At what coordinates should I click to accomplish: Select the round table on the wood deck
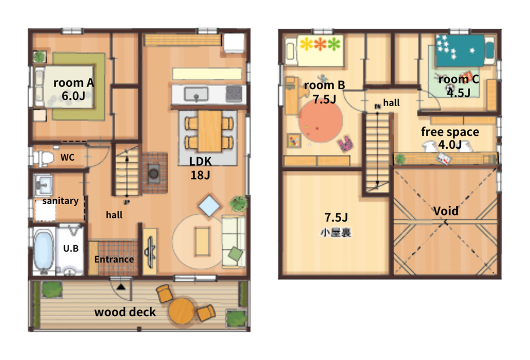(182, 311)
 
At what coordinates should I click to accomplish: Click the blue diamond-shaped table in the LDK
(209, 206)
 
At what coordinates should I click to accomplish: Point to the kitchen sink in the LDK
(196, 94)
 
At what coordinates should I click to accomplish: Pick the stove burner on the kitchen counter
(234, 94)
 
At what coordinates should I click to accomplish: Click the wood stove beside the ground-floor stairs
(154, 174)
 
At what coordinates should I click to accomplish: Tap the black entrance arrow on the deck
(121, 287)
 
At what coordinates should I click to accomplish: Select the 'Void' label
(446, 211)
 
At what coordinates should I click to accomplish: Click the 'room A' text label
(74, 83)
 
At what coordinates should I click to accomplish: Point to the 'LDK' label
(201, 161)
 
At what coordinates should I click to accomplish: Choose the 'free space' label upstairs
(450, 132)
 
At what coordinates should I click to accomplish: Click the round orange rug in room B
(321, 120)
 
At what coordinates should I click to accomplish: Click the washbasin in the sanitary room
(43, 185)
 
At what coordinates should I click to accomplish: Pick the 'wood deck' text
(125, 312)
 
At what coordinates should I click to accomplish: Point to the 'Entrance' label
(114, 259)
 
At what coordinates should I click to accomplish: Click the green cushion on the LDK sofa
(236, 254)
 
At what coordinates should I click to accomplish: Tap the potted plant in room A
(39, 57)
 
